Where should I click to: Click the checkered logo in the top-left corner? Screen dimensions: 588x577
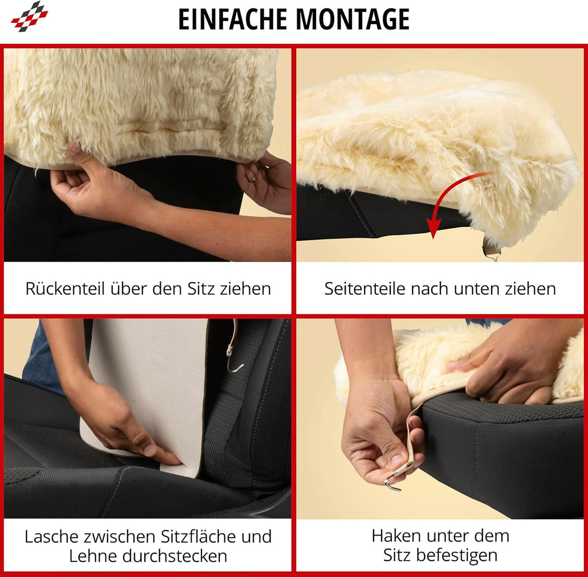click(x=29, y=16)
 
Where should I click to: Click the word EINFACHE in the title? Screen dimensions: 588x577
click(x=232, y=19)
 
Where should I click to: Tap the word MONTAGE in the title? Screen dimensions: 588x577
click(x=353, y=19)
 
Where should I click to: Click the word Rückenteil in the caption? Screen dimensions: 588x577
click(x=65, y=289)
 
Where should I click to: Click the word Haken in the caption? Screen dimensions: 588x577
click(x=394, y=536)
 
